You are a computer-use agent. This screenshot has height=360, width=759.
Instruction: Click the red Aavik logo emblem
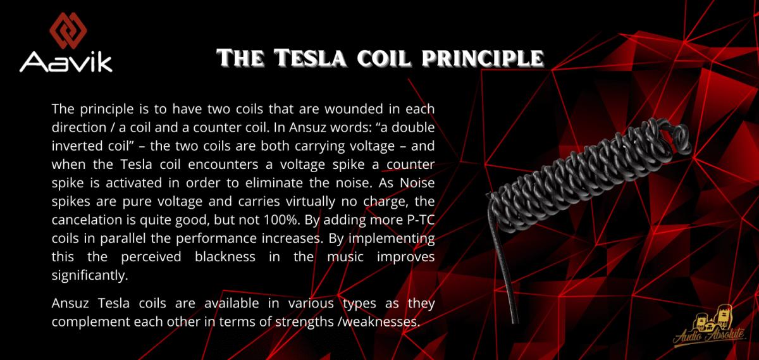tap(68, 30)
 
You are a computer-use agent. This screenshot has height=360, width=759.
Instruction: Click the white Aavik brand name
tap(66, 62)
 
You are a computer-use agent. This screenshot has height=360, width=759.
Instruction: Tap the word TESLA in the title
tap(311, 58)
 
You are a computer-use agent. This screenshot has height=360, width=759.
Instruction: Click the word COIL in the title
tap(385, 58)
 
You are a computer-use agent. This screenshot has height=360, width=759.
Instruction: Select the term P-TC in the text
tap(421, 220)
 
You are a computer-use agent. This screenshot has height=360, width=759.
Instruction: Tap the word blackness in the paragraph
tap(225, 256)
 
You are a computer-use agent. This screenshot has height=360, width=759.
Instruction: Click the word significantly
tap(90, 276)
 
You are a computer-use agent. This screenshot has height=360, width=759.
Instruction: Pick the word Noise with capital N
tap(417, 183)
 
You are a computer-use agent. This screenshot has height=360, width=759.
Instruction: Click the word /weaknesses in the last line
tap(379, 321)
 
